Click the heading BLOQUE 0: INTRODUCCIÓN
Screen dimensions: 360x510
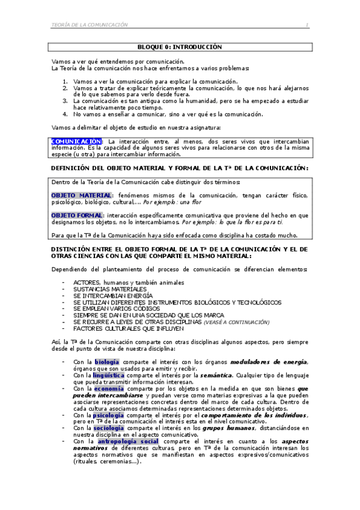click(180, 46)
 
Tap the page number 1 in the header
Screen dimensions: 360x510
click(307, 25)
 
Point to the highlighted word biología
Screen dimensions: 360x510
click(106, 361)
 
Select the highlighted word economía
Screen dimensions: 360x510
click(109, 388)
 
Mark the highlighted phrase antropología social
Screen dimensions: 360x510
click(128, 441)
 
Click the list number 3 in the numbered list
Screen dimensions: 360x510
click(66, 100)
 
